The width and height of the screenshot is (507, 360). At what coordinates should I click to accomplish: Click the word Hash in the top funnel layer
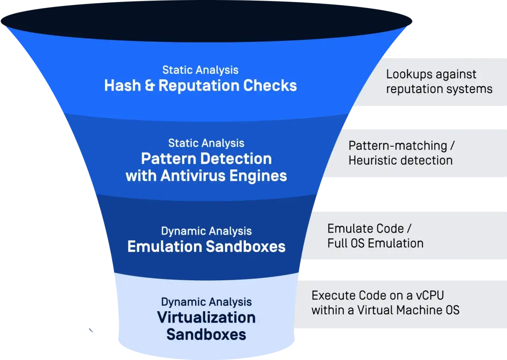click(122, 86)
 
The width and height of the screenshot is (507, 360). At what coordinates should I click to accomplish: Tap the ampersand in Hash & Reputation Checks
click(150, 86)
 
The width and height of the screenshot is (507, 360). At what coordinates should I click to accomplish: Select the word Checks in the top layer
click(270, 86)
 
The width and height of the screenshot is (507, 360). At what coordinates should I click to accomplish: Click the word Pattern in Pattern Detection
click(169, 159)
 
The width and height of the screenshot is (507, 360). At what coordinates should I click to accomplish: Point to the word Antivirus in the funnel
click(193, 176)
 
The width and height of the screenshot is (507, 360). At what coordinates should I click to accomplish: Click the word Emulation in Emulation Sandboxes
click(165, 247)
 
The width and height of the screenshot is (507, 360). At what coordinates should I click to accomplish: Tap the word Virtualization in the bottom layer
click(206, 318)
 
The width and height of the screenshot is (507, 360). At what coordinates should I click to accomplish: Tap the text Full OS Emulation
click(375, 243)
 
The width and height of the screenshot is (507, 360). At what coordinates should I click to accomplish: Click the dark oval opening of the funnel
click(206, 21)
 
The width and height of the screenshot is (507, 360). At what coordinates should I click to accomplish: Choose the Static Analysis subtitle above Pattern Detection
click(206, 144)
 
